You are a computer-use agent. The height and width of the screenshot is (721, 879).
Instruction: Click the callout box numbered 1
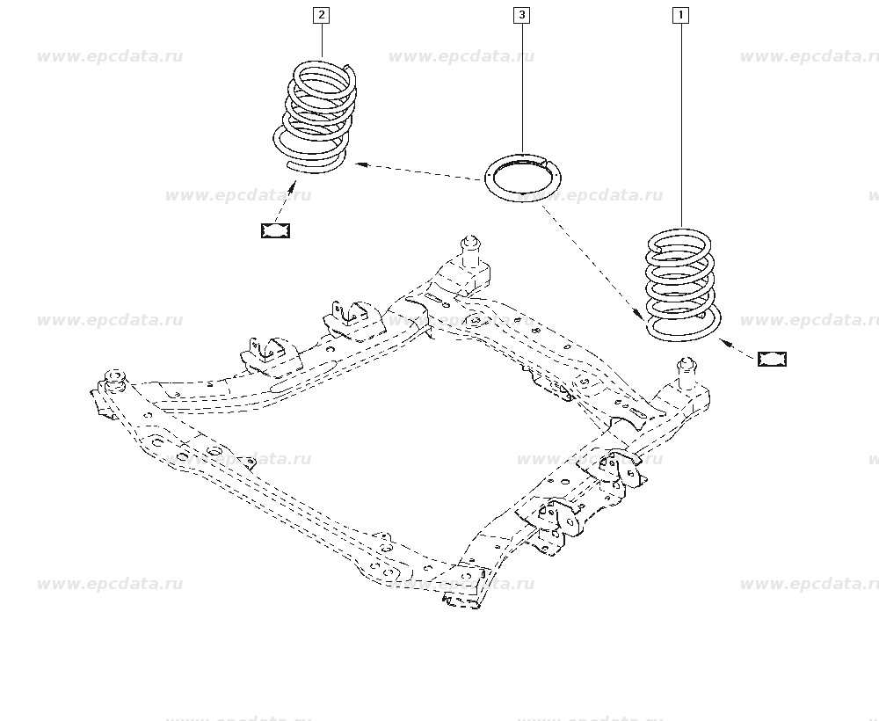tap(680, 15)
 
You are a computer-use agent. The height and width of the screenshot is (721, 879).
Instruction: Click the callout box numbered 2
tap(322, 15)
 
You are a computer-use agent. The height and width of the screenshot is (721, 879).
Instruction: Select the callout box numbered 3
tap(522, 15)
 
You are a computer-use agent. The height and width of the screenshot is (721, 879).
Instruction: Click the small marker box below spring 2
tap(275, 230)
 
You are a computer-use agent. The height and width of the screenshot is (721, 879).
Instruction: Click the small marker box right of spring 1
tap(772, 359)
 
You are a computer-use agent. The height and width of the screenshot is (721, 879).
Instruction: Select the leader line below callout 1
tap(681, 123)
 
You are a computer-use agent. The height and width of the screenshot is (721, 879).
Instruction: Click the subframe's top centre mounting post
tap(471, 251)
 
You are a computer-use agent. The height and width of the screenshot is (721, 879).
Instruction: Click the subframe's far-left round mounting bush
tap(113, 380)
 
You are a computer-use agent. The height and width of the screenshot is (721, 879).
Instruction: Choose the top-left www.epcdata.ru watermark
tap(110, 57)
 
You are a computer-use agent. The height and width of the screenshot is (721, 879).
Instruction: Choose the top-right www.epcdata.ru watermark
tap(809, 57)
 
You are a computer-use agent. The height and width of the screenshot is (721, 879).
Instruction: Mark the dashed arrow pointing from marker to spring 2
tap(285, 202)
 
